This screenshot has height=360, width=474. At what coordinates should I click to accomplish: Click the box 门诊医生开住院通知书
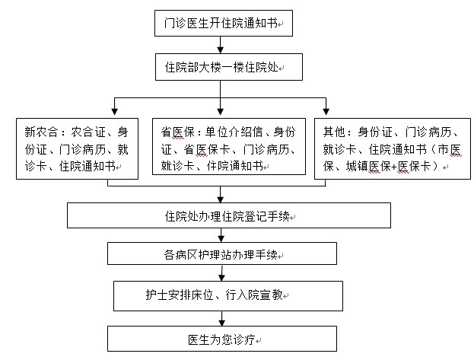[x=224, y=24]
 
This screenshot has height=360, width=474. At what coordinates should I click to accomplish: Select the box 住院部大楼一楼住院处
[x=229, y=67]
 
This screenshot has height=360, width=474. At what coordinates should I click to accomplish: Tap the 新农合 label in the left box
[x=41, y=132]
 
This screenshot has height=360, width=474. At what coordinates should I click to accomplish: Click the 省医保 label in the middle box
[x=177, y=132]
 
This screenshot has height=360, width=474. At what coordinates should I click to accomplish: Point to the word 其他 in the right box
[x=334, y=132]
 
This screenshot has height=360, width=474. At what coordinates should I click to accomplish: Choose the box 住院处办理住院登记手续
[x=229, y=215]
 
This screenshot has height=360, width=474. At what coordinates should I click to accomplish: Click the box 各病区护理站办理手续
[x=222, y=253]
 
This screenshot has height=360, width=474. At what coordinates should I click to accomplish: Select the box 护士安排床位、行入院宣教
[x=228, y=296]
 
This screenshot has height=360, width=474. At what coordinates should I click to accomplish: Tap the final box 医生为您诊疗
[x=222, y=339]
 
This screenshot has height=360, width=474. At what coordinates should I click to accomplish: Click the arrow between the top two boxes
[x=221, y=45]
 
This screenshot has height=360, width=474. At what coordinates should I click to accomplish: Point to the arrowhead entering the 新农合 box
[x=114, y=111]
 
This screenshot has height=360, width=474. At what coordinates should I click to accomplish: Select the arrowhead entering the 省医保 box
[x=221, y=111]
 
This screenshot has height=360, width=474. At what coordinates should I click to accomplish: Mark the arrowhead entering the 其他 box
[x=326, y=111]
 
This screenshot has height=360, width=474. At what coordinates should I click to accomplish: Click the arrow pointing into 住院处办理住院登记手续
[x=221, y=194]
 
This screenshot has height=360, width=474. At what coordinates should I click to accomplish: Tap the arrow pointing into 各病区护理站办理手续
[x=221, y=235]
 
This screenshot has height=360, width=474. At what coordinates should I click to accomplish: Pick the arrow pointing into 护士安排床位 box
[x=222, y=273]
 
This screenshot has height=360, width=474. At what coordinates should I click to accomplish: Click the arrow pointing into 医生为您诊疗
[x=222, y=319]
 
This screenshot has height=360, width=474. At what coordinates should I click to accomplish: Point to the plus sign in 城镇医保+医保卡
[x=394, y=167]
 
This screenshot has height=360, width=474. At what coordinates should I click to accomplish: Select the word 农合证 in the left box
[x=88, y=132]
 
